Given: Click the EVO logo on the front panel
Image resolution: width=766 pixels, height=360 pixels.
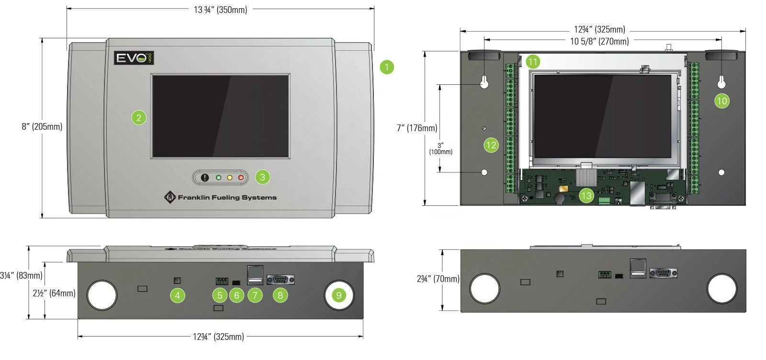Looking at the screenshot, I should click(134, 58).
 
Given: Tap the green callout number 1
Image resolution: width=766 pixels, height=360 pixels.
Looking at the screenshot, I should click(387, 67).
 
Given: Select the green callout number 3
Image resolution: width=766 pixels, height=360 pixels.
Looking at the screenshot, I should click(262, 177).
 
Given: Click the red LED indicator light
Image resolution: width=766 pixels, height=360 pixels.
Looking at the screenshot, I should click(241, 178).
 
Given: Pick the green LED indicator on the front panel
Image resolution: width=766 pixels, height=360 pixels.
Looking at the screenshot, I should click(218, 178).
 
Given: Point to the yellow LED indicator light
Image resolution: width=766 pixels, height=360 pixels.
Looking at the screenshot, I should click(229, 178).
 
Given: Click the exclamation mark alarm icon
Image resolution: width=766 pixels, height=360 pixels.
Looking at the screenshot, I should click(205, 178).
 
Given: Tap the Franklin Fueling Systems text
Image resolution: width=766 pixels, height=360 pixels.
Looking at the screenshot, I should click(227, 197).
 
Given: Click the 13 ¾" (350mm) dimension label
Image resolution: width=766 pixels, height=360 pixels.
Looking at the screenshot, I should click(220, 10).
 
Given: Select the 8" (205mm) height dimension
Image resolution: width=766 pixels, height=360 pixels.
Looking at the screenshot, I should click(42, 127).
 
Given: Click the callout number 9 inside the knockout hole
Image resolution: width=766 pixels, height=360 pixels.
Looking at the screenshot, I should click(339, 295).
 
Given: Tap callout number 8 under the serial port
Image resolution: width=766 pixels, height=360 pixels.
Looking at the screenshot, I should click(280, 295).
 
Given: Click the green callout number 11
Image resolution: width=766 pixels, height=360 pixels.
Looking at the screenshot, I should click(533, 61).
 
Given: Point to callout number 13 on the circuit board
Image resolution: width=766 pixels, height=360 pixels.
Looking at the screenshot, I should click(586, 195).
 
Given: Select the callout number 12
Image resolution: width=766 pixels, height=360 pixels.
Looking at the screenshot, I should click(491, 145).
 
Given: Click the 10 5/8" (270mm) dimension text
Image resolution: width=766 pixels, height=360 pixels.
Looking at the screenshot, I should click(599, 41).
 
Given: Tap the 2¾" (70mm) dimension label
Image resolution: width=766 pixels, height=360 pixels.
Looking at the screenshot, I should click(438, 279).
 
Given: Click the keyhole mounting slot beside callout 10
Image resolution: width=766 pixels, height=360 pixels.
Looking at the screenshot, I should click(721, 82).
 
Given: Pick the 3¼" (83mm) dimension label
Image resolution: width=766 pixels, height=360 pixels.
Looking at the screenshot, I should click(21, 276).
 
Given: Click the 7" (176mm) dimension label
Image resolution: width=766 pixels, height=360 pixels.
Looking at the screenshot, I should click(417, 128).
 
